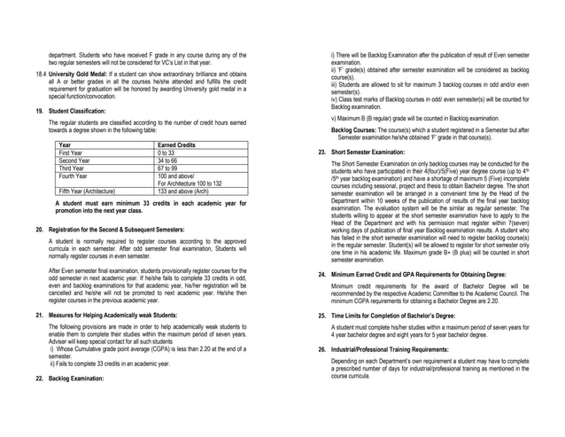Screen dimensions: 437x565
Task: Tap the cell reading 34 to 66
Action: (170, 160)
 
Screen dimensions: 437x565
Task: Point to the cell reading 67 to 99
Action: (170, 168)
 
